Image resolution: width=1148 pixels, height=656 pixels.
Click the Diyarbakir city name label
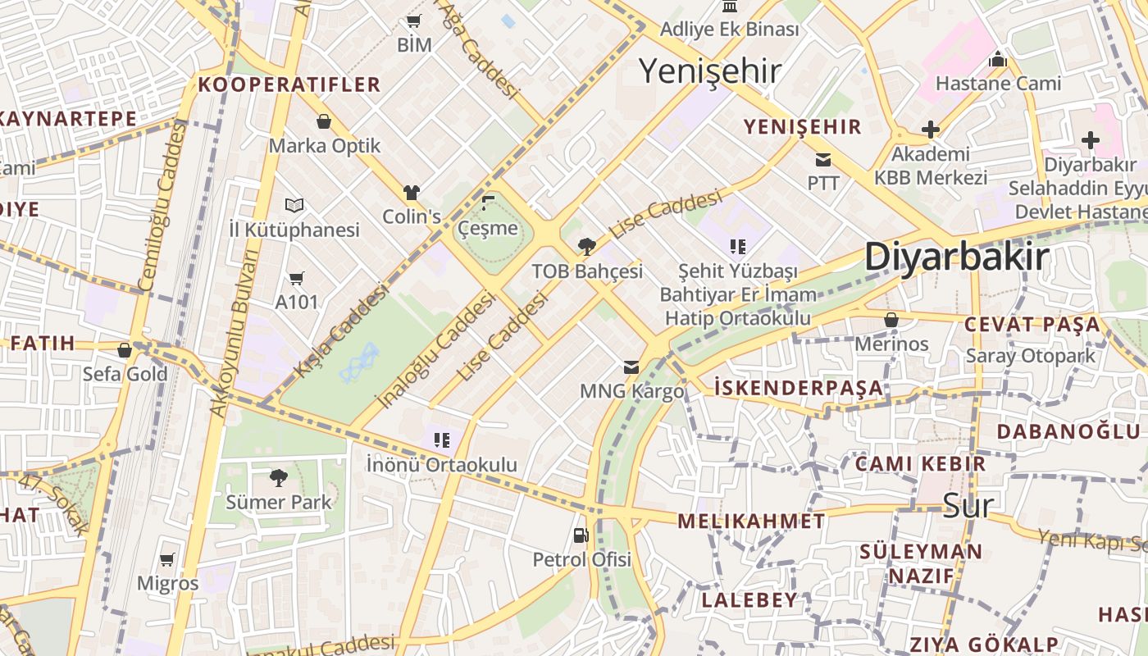click(x=956, y=257)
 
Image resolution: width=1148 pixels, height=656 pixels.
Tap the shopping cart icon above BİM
click(x=413, y=21)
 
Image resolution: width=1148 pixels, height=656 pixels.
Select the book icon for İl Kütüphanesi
click(x=294, y=205)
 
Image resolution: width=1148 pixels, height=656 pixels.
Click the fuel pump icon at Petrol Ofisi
click(x=581, y=535)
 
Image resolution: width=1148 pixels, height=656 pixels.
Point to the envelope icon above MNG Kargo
click(x=631, y=367)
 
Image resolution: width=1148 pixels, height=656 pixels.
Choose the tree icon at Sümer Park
click(x=279, y=477)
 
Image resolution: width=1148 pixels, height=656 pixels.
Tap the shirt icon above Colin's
click(x=412, y=193)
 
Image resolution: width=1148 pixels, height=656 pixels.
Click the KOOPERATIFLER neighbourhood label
click(x=289, y=84)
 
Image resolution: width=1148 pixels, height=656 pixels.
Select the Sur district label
click(x=968, y=505)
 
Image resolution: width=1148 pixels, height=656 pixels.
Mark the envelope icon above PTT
click(x=822, y=159)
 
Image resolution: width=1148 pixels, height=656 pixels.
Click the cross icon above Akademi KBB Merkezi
click(x=931, y=130)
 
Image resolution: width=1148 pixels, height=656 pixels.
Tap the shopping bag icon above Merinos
click(x=891, y=320)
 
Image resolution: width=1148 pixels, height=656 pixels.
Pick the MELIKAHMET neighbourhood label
click(x=751, y=522)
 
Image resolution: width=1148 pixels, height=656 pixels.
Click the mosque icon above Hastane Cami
click(x=998, y=59)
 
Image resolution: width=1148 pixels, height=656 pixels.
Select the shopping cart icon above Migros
click(x=167, y=559)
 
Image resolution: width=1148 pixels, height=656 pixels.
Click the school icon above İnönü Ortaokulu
click(x=442, y=440)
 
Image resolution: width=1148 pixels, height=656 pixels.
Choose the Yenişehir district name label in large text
click(x=709, y=71)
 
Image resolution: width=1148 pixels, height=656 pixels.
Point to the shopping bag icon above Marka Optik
click(x=325, y=121)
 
